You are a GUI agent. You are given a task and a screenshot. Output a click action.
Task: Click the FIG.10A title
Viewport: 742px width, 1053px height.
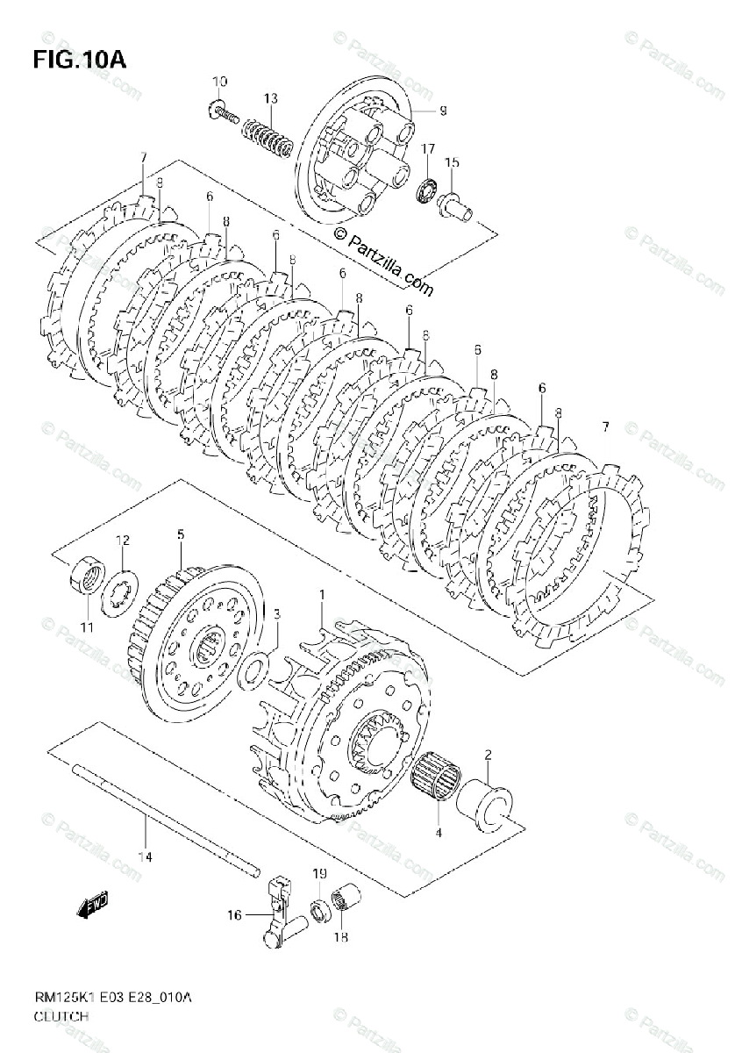point(79,61)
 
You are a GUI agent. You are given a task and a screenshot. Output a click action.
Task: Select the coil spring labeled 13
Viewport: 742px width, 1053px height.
point(266,136)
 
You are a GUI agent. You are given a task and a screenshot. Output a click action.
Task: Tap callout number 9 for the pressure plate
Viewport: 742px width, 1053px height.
point(443,111)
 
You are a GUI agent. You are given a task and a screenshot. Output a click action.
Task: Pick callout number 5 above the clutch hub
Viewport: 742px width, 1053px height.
point(179,534)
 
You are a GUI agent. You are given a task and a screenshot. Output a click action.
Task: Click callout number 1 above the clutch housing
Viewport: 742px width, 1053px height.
point(321,596)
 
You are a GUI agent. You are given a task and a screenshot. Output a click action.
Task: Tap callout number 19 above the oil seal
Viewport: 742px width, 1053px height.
point(319,874)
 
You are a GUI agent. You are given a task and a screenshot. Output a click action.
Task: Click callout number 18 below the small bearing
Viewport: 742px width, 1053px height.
point(340,937)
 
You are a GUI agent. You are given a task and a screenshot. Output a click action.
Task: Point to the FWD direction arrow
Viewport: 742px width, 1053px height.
point(91,903)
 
